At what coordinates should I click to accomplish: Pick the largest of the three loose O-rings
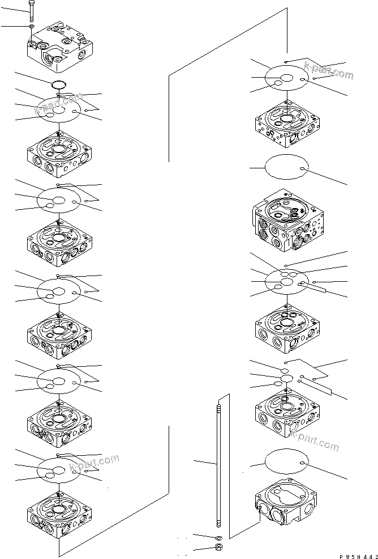tap(286, 378)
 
